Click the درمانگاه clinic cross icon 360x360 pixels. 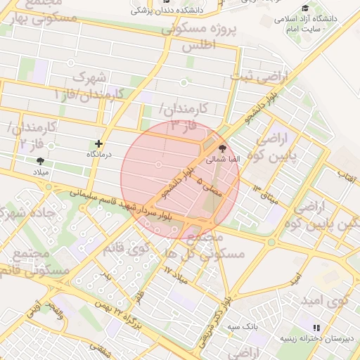tap(98, 143)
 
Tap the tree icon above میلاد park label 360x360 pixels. tap(39, 161)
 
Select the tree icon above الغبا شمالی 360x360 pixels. tap(223, 149)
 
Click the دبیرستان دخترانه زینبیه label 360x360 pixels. tap(323, 338)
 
